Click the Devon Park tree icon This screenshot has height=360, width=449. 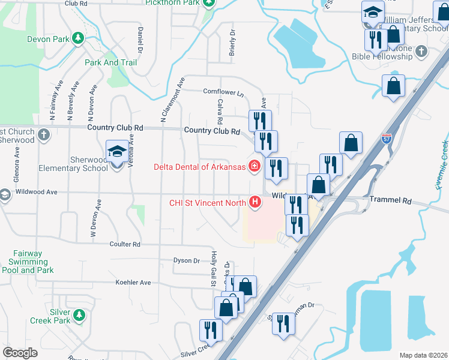pyautogui.click(x=77, y=39)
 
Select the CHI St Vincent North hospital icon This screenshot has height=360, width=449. pyautogui.click(x=256, y=202)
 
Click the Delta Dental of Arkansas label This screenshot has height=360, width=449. pyautogui.click(x=200, y=166)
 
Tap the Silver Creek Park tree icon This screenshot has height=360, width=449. pyautogui.click(x=78, y=315)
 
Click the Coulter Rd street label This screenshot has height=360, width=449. pyautogui.click(x=125, y=244)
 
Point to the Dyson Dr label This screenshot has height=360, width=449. pyautogui.click(x=186, y=260)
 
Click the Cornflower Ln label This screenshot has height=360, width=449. pyautogui.click(x=224, y=92)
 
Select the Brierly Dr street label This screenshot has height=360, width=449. pyautogui.click(x=232, y=43)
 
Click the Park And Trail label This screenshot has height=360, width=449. pyautogui.click(x=110, y=62)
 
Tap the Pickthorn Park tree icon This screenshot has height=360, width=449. pyautogui.click(x=208, y=3)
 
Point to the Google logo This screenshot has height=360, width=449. pyautogui.click(x=20, y=352)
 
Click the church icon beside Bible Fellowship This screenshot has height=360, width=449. pyautogui.click(x=422, y=50)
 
